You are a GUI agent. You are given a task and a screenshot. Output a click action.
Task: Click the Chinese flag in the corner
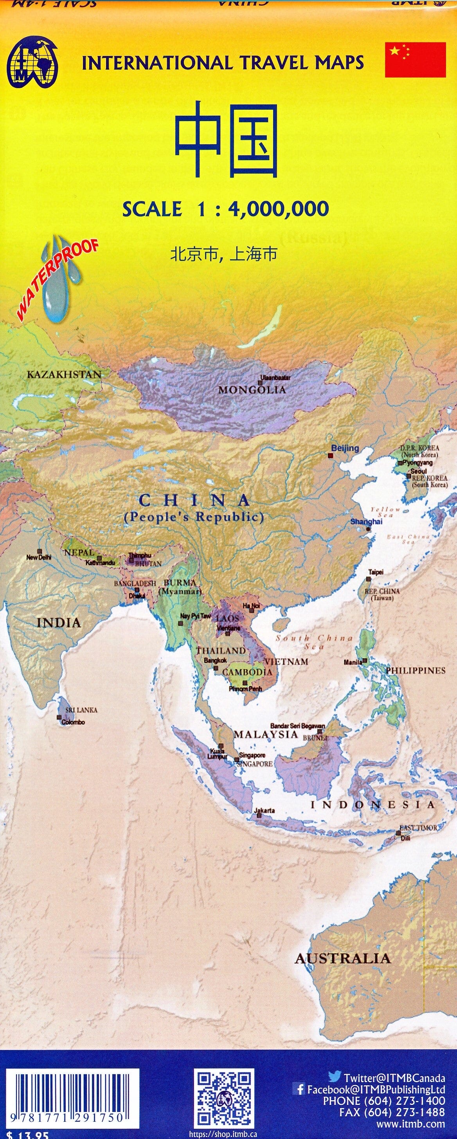click(415, 60)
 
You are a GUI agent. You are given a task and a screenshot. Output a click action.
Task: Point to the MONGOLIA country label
click(252, 390)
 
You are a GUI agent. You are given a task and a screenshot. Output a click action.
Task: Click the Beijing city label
click(345, 448)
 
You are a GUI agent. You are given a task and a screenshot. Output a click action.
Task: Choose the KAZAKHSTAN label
click(64, 375)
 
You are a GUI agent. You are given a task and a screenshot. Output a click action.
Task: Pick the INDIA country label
click(59, 623)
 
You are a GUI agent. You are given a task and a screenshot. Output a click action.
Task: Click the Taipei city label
click(376, 572)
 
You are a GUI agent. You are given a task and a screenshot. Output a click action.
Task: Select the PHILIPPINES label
click(416, 671)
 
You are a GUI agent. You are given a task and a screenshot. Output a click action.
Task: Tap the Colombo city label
click(73, 722)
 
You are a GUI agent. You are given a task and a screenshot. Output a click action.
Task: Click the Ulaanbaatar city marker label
click(275, 378)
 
